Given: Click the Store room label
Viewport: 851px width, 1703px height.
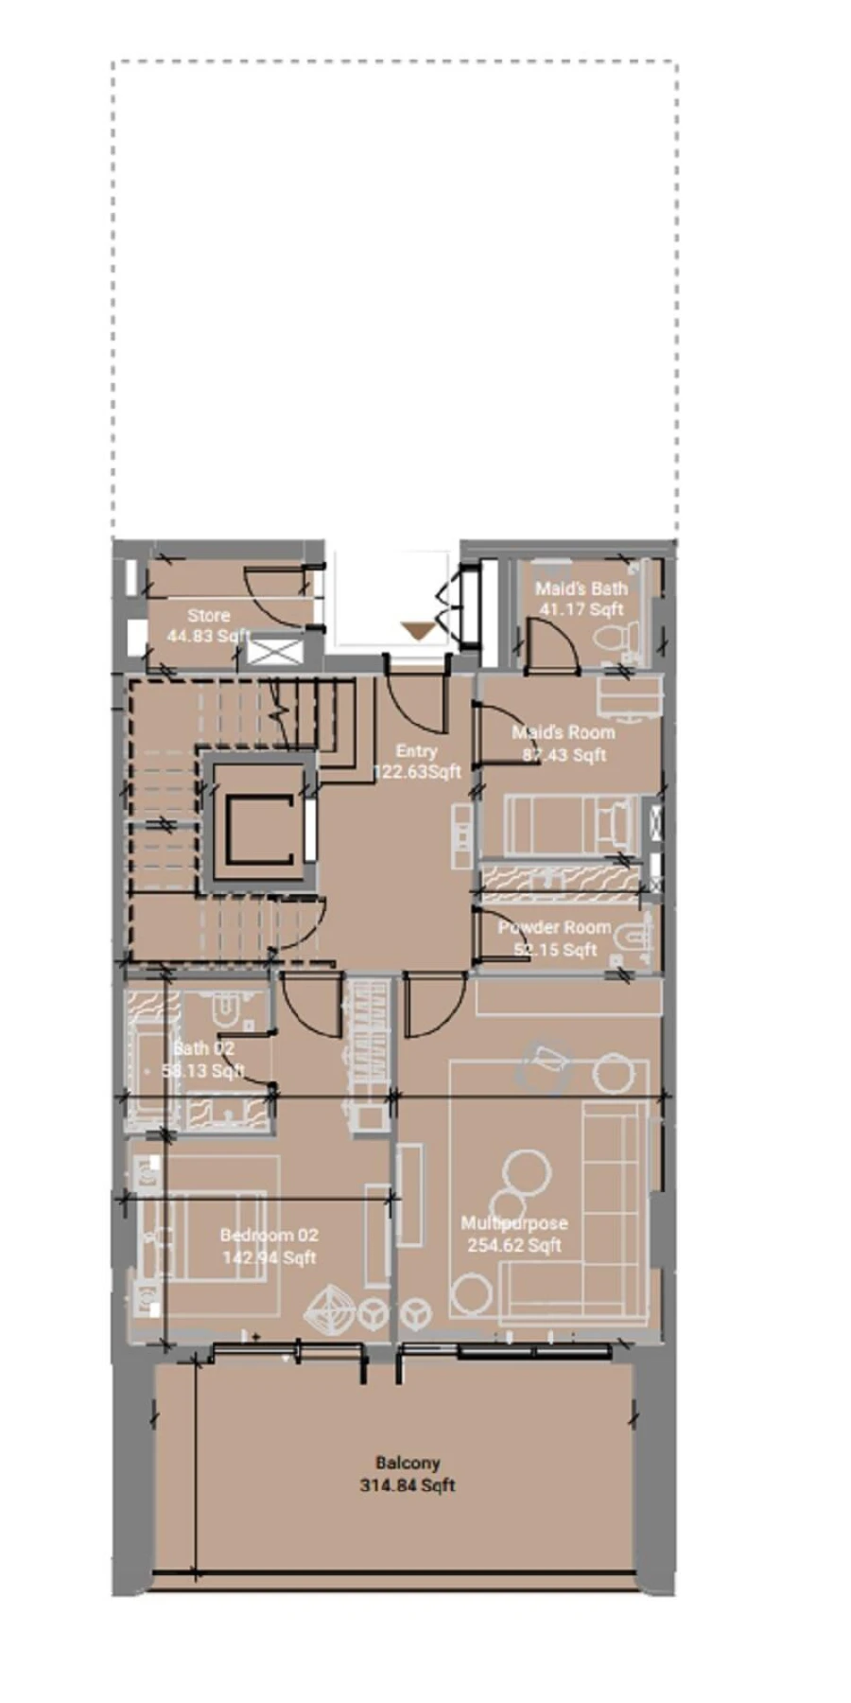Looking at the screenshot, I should [x=208, y=615].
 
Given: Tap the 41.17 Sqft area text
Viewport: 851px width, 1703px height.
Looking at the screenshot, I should [x=581, y=609].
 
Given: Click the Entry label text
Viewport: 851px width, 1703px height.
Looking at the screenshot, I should [x=416, y=750].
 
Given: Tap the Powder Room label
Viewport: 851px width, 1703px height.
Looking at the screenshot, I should [x=554, y=927].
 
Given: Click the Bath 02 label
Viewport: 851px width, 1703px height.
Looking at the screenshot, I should [x=203, y=1048].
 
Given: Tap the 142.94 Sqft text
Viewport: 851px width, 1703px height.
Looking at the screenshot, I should [x=269, y=1257].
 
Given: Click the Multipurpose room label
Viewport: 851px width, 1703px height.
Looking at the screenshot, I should [x=513, y=1222].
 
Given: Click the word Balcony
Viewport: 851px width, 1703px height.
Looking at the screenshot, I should [x=408, y=1463].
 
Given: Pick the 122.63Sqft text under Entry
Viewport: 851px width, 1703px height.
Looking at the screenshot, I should [x=417, y=771].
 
